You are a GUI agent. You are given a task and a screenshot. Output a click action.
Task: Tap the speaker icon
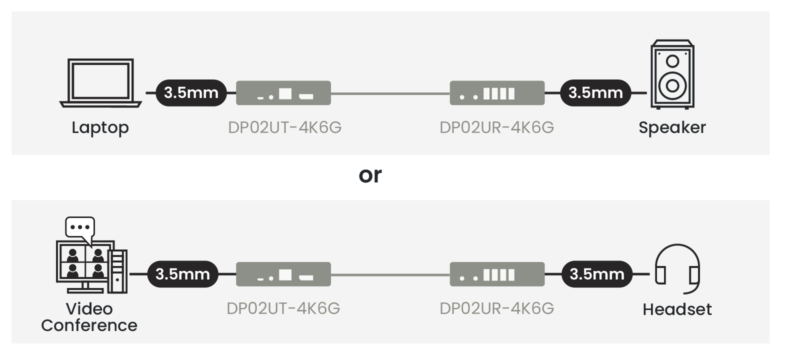(672, 74)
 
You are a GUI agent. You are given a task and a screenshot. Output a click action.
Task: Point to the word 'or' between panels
(370, 175)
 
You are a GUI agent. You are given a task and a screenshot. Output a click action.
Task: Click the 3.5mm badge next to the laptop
(191, 93)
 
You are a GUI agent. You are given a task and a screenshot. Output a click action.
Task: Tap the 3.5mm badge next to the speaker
(595, 93)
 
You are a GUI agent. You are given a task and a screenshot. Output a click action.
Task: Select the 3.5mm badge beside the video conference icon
(182, 274)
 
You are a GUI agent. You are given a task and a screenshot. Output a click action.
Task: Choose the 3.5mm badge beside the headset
(596, 274)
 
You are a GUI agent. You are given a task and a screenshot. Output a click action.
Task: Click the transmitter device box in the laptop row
(283, 93)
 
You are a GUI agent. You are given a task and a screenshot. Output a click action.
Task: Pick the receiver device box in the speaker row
(496, 93)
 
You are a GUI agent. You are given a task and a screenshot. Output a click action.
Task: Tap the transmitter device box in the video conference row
(283, 274)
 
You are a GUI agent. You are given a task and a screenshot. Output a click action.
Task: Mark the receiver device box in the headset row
(496, 274)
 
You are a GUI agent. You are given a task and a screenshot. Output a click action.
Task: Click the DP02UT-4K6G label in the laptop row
(284, 127)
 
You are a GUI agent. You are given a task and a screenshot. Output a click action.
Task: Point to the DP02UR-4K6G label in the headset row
(496, 308)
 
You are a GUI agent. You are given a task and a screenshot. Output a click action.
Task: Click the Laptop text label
(100, 128)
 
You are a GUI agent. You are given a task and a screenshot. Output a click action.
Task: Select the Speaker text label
(672, 127)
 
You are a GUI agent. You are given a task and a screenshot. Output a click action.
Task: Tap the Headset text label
(677, 309)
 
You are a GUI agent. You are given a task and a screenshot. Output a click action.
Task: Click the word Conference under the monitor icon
(89, 325)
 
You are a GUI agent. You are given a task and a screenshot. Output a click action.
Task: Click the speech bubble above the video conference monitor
(80, 227)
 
